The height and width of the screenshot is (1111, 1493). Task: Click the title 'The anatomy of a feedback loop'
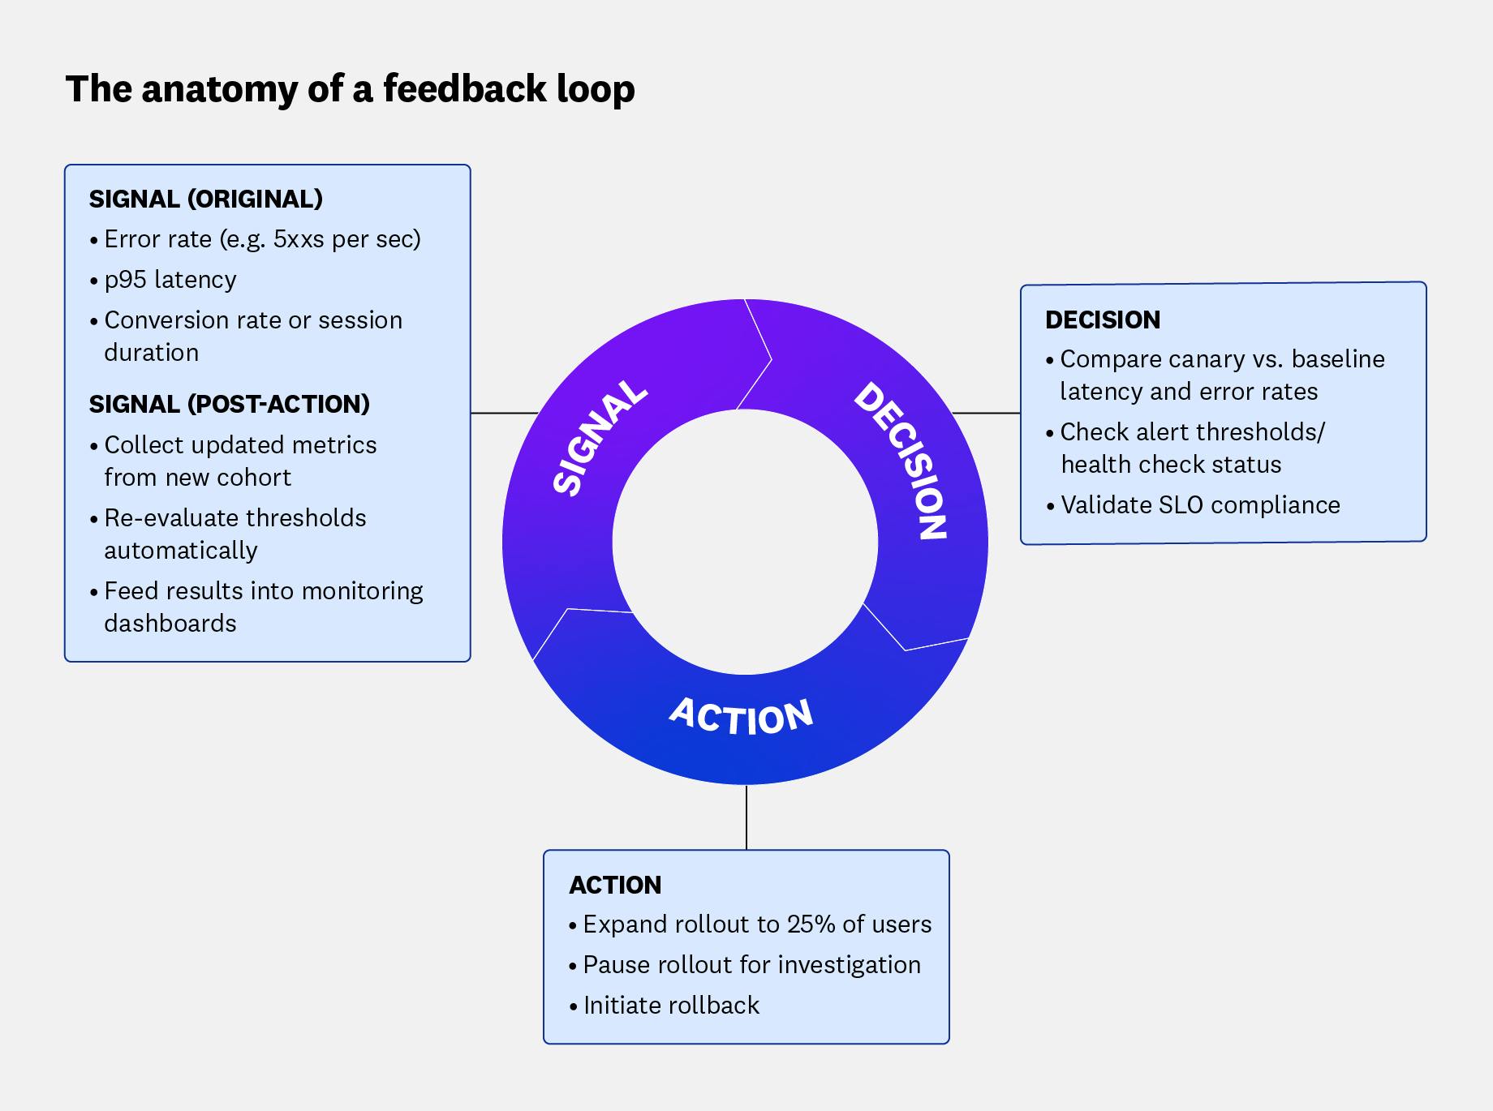click(x=350, y=89)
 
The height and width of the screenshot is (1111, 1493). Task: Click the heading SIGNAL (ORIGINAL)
click(x=205, y=199)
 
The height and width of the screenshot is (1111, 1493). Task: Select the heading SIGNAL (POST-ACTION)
click(x=229, y=404)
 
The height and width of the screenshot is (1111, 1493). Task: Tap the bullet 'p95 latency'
click(x=170, y=280)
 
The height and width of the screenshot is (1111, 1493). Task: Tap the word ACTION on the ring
click(x=741, y=716)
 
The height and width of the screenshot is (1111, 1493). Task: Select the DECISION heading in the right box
click(x=1102, y=320)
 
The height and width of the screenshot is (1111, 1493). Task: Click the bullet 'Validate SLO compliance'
click(x=1199, y=505)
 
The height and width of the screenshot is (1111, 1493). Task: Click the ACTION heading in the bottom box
click(x=615, y=885)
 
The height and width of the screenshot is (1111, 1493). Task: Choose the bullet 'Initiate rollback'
click(x=670, y=1006)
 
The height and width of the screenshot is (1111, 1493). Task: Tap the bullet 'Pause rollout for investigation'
click(x=751, y=965)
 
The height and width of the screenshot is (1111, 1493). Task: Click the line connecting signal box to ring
click(x=503, y=413)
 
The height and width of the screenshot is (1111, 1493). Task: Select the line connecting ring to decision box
click(x=986, y=413)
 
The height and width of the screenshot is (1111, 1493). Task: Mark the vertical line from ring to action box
click(x=746, y=817)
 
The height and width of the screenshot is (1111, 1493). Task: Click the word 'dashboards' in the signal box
click(x=170, y=624)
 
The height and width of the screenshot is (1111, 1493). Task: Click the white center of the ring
click(x=745, y=542)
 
